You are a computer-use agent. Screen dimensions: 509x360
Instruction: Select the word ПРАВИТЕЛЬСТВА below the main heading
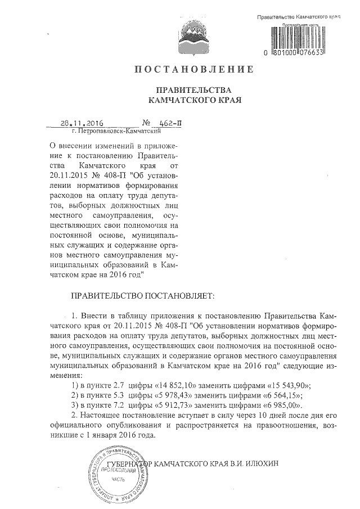point(193,91)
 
